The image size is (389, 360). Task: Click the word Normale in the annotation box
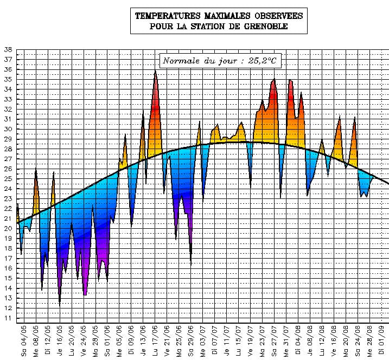coord(181,61)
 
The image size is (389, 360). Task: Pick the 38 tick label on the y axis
coord(8,49)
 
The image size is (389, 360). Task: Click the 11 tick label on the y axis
coord(8,318)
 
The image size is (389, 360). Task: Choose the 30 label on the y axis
coord(8,129)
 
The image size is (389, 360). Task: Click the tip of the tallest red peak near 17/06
coord(155,70)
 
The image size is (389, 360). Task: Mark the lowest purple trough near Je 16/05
coord(60,305)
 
